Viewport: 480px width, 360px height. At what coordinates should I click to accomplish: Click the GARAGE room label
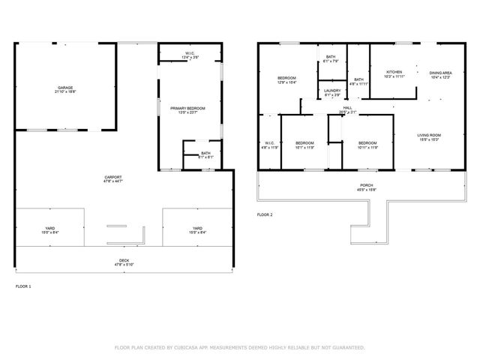(x=65, y=87)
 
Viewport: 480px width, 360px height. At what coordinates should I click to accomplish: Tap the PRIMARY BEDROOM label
(x=187, y=109)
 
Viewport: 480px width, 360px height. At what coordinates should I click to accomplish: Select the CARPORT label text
(x=113, y=177)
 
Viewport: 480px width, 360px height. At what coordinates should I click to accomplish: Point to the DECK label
(x=118, y=260)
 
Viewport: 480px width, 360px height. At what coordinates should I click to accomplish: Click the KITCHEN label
(x=394, y=72)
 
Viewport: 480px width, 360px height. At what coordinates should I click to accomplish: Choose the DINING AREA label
(x=440, y=73)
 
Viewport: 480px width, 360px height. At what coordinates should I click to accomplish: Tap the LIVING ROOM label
(x=429, y=136)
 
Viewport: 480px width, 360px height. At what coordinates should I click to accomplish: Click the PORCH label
(x=367, y=185)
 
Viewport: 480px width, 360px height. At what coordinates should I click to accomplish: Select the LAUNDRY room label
(x=332, y=91)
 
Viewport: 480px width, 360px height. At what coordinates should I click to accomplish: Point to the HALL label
(x=347, y=108)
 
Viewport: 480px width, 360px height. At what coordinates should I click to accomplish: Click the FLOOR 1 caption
(x=24, y=286)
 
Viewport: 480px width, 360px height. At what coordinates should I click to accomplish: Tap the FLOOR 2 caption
(x=265, y=214)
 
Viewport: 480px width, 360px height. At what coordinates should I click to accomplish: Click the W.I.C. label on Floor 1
(x=190, y=52)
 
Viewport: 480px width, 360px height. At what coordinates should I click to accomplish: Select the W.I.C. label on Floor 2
(x=269, y=143)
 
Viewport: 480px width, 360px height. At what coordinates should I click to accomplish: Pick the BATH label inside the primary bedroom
(x=205, y=153)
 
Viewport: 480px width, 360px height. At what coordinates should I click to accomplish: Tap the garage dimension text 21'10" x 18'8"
(x=65, y=91)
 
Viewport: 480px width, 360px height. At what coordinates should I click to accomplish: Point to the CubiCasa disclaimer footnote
(x=239, y=347)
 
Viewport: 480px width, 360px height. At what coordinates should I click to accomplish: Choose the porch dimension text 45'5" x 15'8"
(x=367, y=190)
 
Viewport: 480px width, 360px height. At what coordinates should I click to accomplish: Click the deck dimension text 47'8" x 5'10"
(x=118, y=265)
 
